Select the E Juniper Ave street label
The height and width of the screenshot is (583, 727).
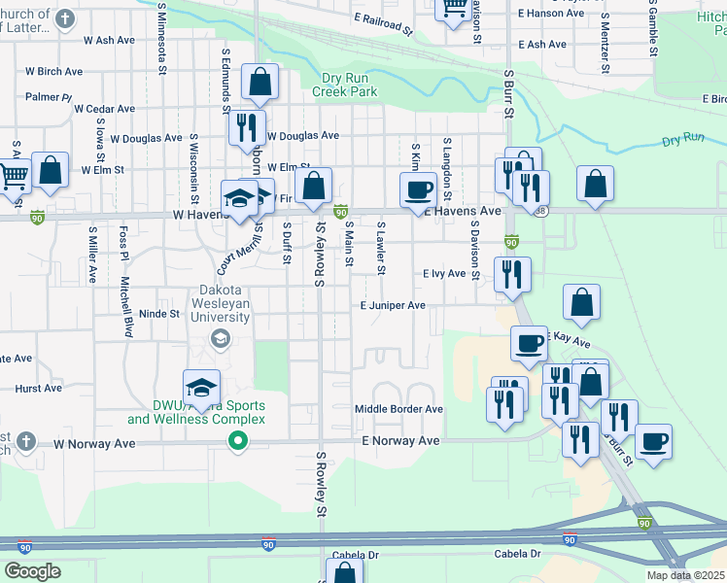pos(393,305)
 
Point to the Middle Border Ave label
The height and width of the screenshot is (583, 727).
pos(398,409)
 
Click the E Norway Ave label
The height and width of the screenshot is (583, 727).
pos(401,441)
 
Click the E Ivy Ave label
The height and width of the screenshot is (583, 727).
pos(444,274)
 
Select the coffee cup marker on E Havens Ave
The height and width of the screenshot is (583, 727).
pos(419,189)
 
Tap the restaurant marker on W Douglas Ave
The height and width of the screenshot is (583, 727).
pos(247,127)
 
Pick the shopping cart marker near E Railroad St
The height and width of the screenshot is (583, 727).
pos(454,10)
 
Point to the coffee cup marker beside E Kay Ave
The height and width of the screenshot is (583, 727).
pos(530,343)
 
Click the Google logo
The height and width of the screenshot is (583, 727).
pos(32,571)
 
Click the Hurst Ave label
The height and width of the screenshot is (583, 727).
pos(39,388)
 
